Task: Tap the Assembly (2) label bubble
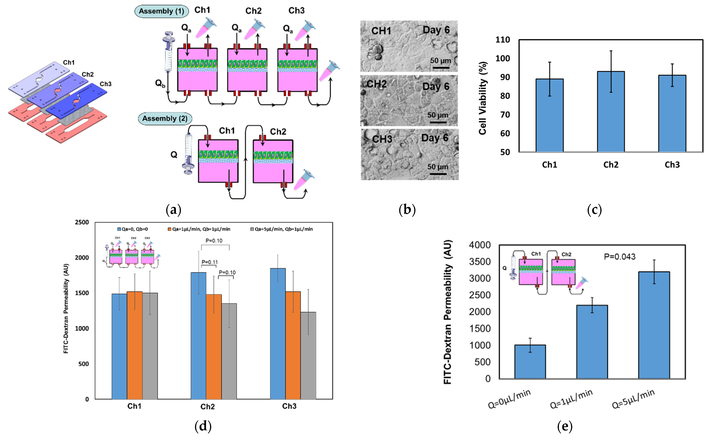click(x=165, y=119)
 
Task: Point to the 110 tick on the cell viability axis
click(x=502, y=40)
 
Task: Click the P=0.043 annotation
click(x=620, y=257)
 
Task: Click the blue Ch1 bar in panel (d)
click(x=119, y=346)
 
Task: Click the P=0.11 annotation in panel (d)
click(x=209, y=262)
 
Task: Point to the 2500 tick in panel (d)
click(x=82, y=222)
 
